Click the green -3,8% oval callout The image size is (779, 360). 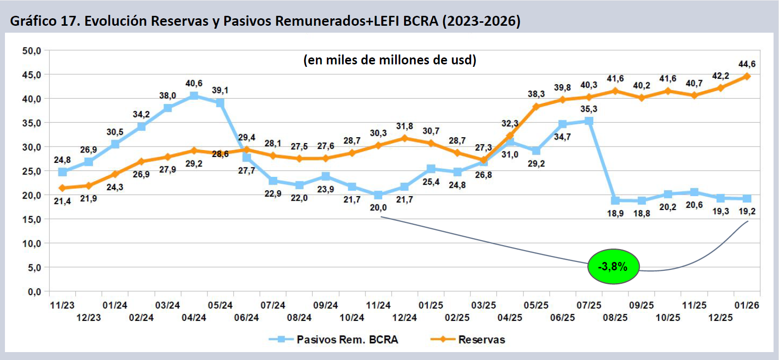[x=613, y=266]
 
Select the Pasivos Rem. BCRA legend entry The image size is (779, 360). [x=347, y=340]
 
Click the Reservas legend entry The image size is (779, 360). [x=481, y=340]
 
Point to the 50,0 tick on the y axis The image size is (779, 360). [x=32, y=51]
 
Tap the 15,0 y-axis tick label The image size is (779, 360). [x=32, y=219]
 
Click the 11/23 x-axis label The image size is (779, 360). [x=62, y=306]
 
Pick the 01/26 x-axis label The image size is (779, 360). [x=746, y=306]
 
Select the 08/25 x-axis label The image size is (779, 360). [x=615, y=317]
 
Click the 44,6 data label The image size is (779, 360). [x=747, y=64]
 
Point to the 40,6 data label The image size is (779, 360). [x=194, y=83]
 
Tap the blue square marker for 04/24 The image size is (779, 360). [x=194, y=96]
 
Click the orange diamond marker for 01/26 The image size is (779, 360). [x=747, y=76]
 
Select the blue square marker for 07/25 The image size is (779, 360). [x=589, y=121]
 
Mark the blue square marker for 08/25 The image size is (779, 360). [x=615, y=201]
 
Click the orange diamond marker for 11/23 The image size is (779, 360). [x=62, y=188]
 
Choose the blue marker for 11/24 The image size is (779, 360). [x=378, y=195]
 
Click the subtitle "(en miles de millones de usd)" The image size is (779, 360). [x=390, y=60]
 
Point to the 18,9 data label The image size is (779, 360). [x=615, y=213]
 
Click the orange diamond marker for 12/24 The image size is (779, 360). [x=405, y=138]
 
